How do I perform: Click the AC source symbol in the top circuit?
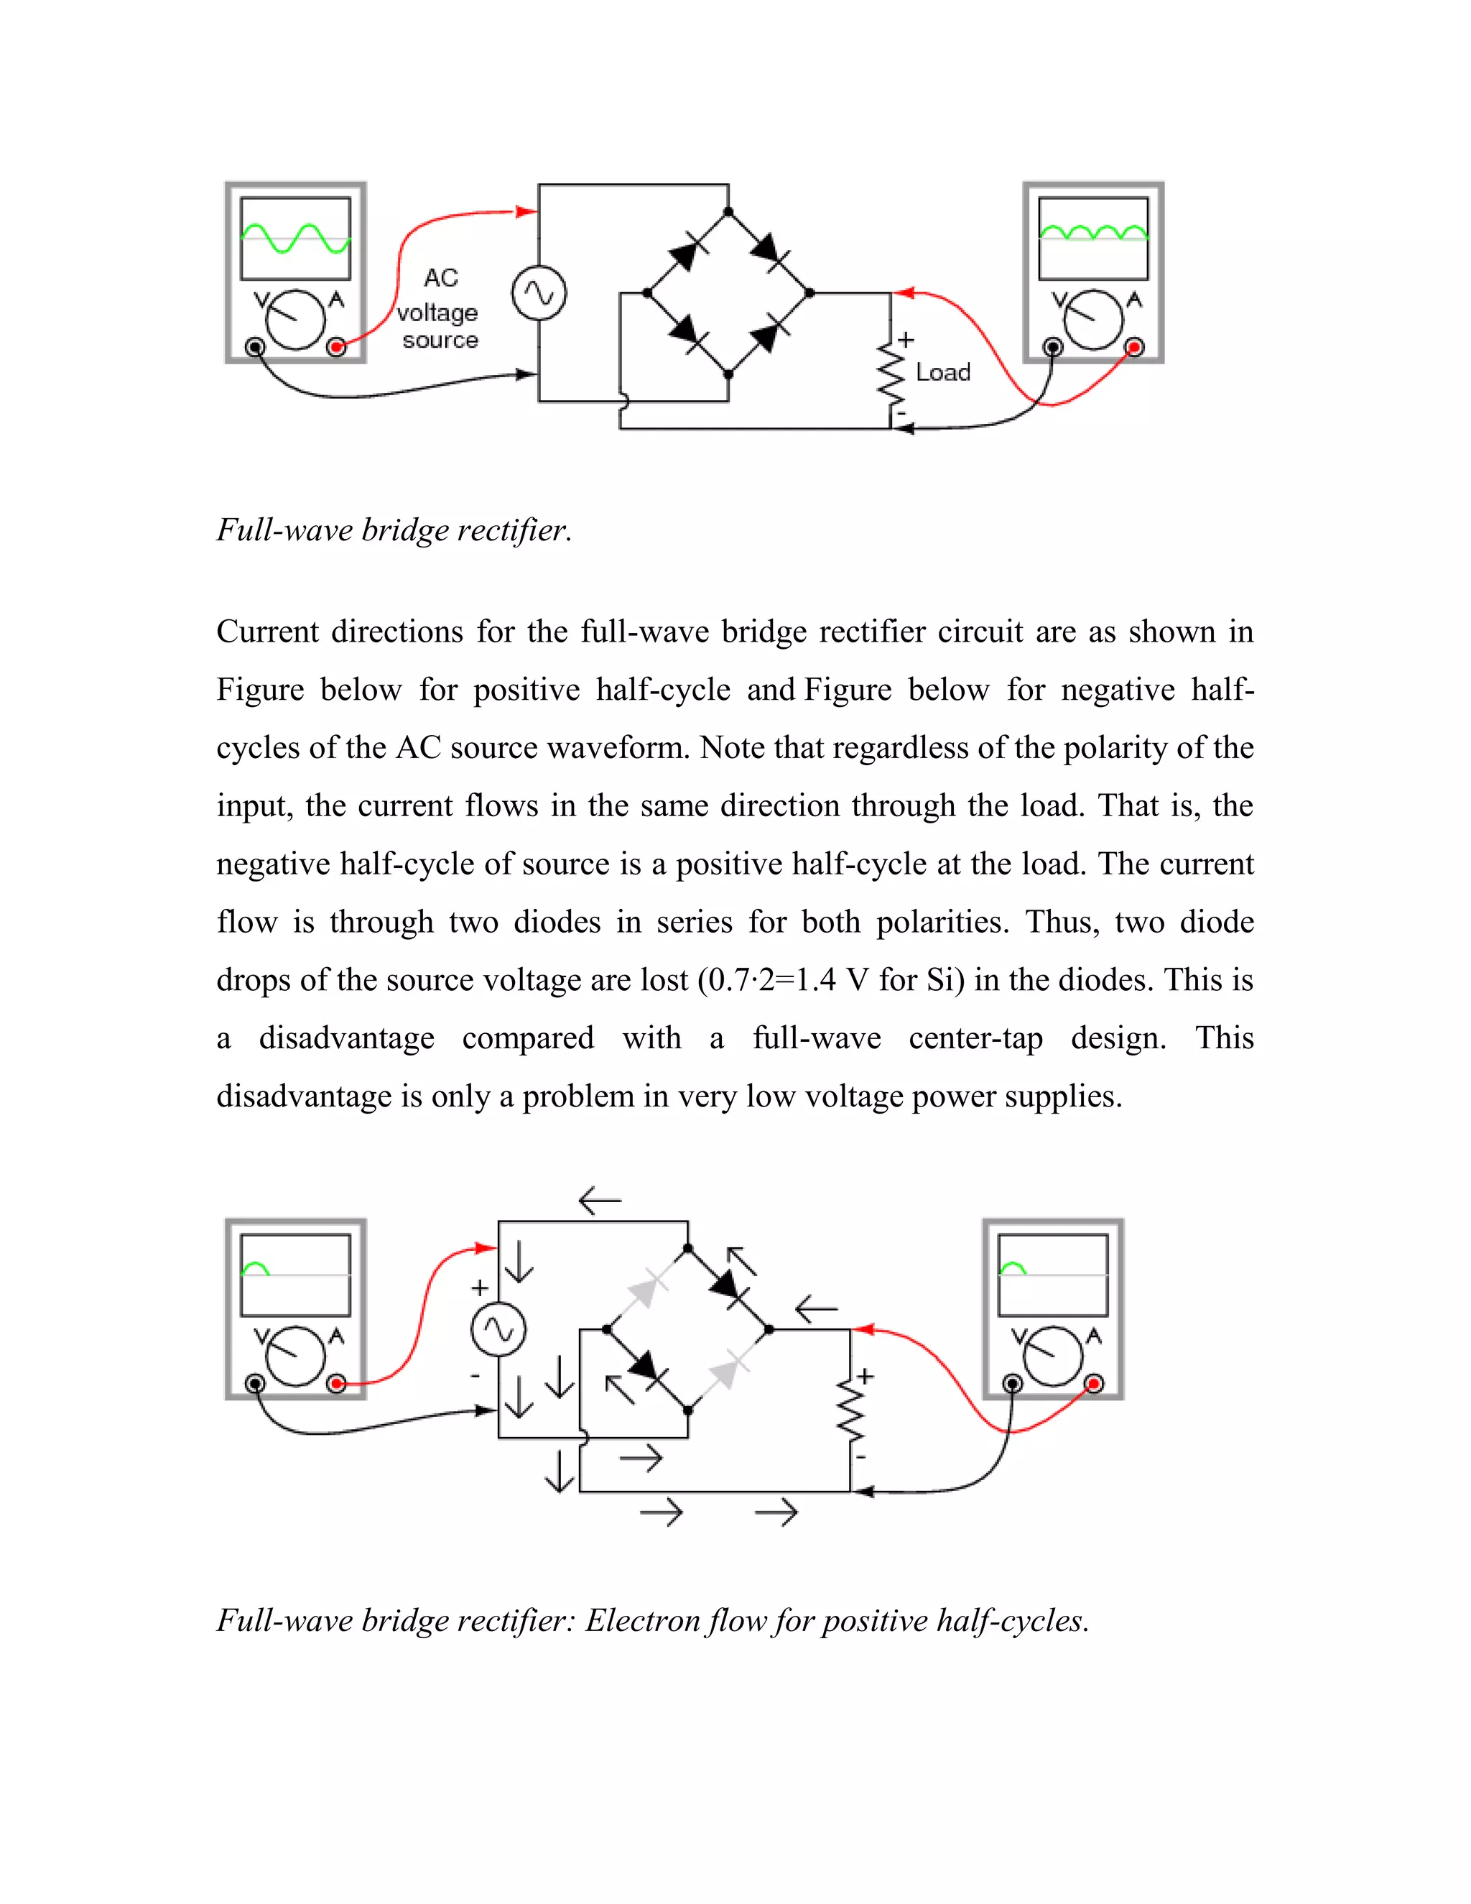point(539,293)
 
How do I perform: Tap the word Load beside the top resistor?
point(943,372)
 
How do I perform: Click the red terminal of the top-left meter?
point(336,348)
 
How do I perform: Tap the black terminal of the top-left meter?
point(254,348)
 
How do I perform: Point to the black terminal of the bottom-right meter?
point(1012,1384)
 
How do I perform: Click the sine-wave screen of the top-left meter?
point(295,238)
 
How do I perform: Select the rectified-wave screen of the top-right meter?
point(1094,238)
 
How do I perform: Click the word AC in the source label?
point(441,278)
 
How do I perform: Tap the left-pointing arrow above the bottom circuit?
point(600,1201)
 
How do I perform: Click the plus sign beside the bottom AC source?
point(479,1288)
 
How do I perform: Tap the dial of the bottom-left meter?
point(295,1356)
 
